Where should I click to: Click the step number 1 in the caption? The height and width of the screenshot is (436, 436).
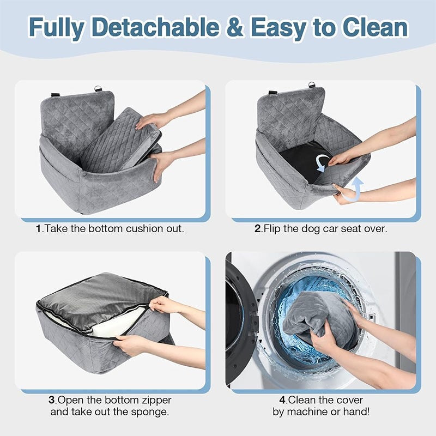[x=39, y=229]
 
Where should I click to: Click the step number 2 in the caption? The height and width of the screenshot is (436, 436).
[x=258, y=229]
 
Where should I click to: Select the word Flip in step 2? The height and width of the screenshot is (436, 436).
[x=274, y=229]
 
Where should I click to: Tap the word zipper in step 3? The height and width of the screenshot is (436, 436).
[x=150, y=400]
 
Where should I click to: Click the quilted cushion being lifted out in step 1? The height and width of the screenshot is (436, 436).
[x=117, y=142]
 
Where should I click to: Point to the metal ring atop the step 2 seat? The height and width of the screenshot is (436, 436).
[x=312, y=85]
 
